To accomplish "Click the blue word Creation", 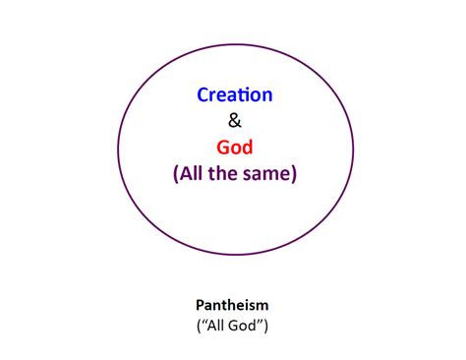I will point(234,95).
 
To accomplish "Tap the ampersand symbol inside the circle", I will point(234,122).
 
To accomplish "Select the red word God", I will point(235,148).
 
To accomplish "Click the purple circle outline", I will point(118,147).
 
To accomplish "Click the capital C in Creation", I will point(203,95).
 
